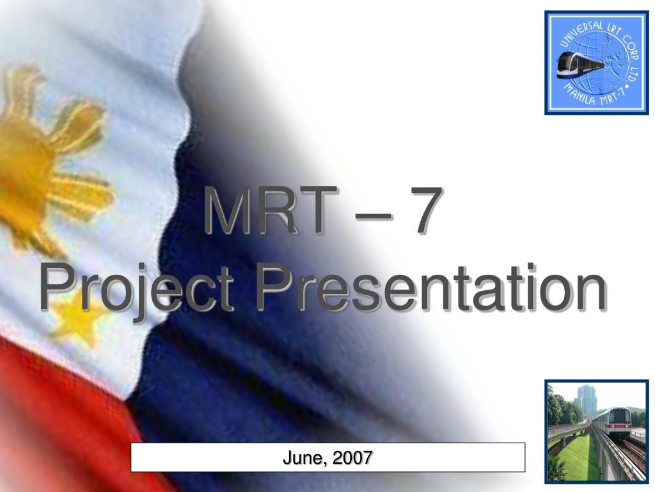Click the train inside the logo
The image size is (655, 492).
pyautogui.click(x=579, y=65)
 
